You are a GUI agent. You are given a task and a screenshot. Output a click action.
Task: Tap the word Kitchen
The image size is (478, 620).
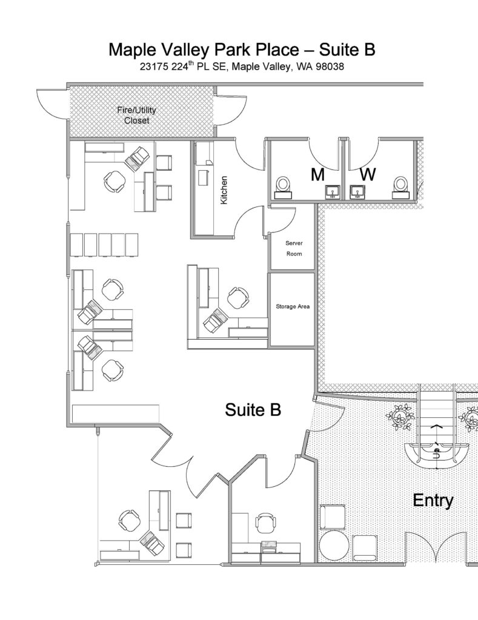(224, 190)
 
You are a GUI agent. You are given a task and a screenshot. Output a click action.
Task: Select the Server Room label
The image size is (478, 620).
(294, 248)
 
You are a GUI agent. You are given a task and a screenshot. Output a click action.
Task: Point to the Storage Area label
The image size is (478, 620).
(293, 307)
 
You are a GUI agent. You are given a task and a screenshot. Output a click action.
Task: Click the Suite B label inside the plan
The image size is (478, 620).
(253, 410)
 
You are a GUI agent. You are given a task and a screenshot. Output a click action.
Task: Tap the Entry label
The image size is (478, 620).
(433, 501)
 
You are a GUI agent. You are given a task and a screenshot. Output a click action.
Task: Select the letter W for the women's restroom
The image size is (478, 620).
(368, 175)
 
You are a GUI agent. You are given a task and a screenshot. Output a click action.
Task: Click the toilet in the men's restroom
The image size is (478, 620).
(283, 186)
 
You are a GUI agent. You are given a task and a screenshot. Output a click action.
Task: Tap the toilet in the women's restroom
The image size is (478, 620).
(400, 186)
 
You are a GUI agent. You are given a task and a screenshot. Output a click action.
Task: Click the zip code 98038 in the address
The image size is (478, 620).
(328, 67)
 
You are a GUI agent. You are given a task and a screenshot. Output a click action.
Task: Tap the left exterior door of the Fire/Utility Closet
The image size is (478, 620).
(51, 103)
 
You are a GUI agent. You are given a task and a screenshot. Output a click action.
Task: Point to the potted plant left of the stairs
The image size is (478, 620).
(401, 417)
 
